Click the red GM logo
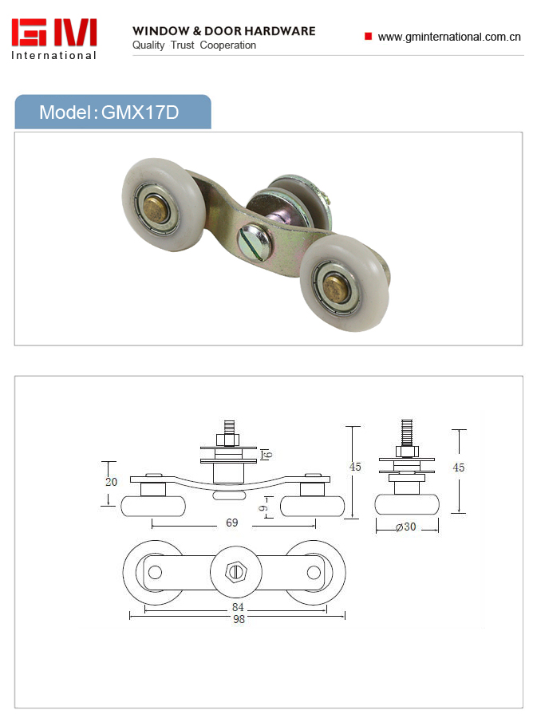54,32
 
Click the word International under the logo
54,55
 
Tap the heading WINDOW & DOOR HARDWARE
224,30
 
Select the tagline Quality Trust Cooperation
194,45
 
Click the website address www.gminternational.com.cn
449,37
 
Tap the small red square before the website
368,36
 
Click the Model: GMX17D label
109,112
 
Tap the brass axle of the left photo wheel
154,209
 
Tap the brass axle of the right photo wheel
335,287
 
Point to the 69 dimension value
231,523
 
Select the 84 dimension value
238,607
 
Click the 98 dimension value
239,618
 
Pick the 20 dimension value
111,482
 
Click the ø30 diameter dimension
406,527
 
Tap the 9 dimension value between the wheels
263,508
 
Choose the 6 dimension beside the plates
268,454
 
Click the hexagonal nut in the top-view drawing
236,572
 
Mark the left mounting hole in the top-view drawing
156,572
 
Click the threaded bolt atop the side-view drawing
407,432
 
